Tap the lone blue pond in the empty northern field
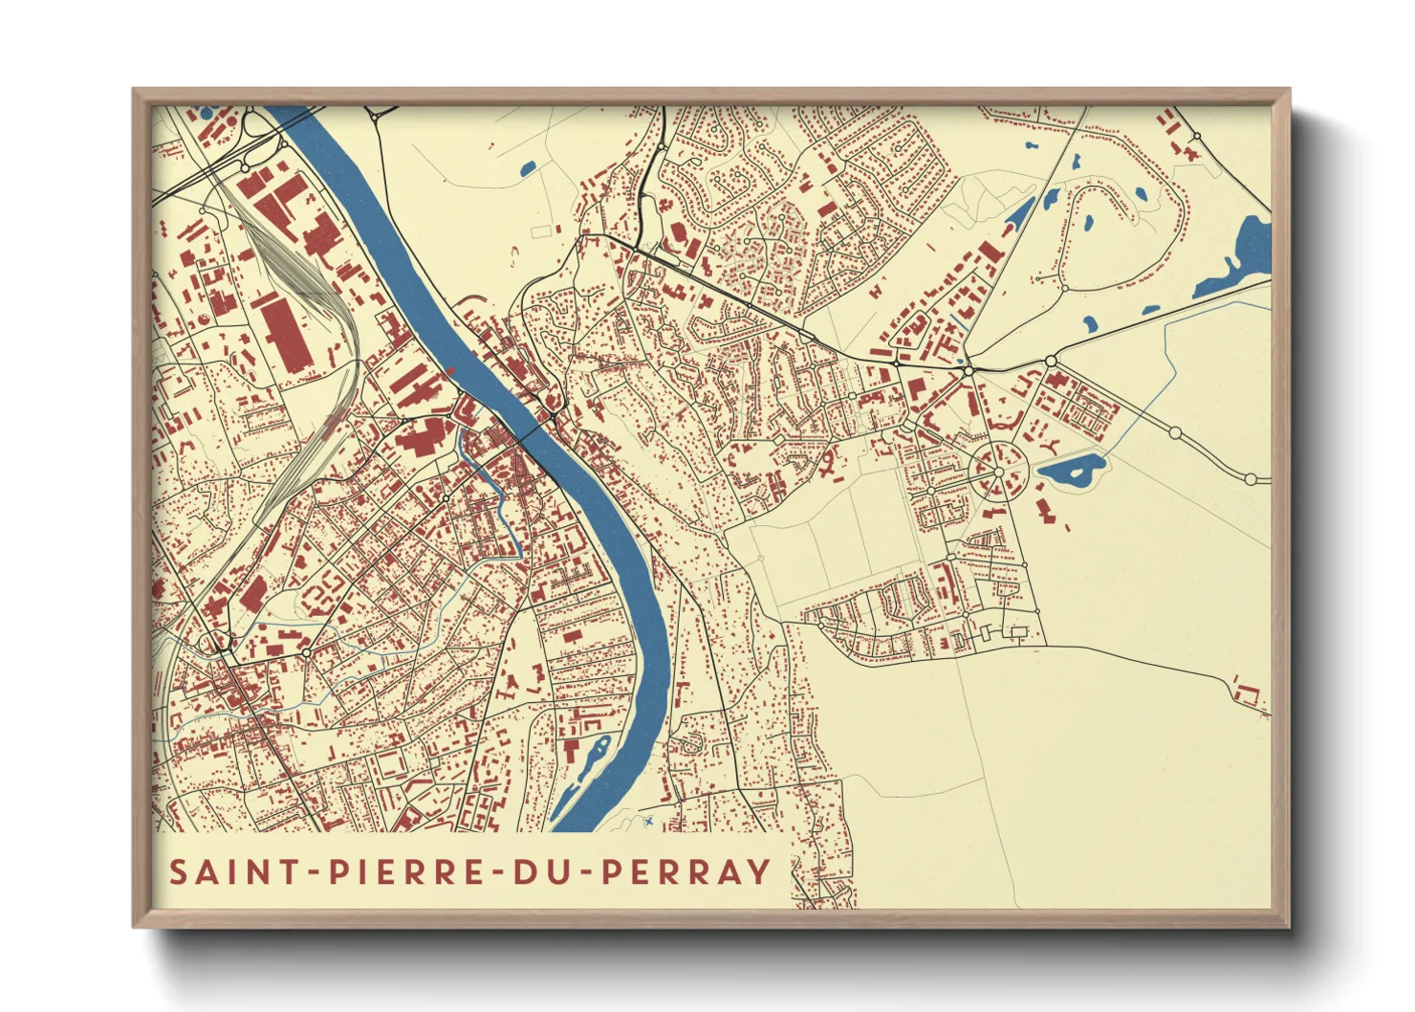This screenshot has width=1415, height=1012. (527, 170)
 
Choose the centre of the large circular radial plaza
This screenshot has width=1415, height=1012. (998, 473)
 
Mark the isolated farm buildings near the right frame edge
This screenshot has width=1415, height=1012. (1249, 693)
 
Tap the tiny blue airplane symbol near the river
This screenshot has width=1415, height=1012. (649, 821)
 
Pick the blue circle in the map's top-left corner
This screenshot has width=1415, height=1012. (206, 112)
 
